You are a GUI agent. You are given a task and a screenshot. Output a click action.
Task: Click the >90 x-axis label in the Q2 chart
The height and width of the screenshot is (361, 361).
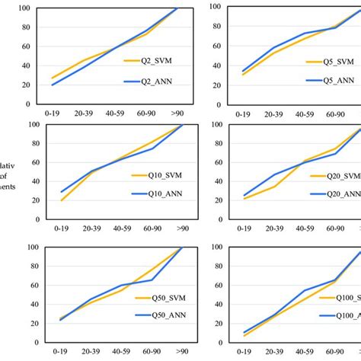[x=177, y=114]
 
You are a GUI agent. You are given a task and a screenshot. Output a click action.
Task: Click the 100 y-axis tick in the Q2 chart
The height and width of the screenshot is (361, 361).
[x=25, y=8]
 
